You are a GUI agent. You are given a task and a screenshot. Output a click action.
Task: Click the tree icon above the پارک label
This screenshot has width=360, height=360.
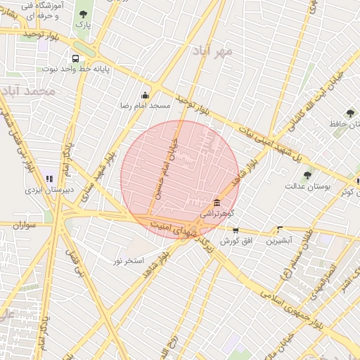tap(84, 14)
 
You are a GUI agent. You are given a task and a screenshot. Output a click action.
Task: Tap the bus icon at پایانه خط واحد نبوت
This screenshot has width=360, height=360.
tap(75, 59)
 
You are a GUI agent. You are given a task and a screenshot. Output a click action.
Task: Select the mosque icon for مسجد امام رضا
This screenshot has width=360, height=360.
tap(145, 95)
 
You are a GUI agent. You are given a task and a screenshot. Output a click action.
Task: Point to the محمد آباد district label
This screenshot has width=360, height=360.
tap(28, 91)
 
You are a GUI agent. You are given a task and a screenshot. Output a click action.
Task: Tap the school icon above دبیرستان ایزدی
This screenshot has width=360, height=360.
tap(49, 179)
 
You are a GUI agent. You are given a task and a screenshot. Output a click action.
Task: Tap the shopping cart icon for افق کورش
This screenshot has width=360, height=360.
tap(236, 230)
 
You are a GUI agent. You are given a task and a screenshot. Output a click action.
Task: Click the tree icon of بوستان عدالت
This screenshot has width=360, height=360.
tap(307, 175)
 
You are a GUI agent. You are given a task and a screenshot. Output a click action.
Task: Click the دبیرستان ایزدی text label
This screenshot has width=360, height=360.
tap(44, 190)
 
